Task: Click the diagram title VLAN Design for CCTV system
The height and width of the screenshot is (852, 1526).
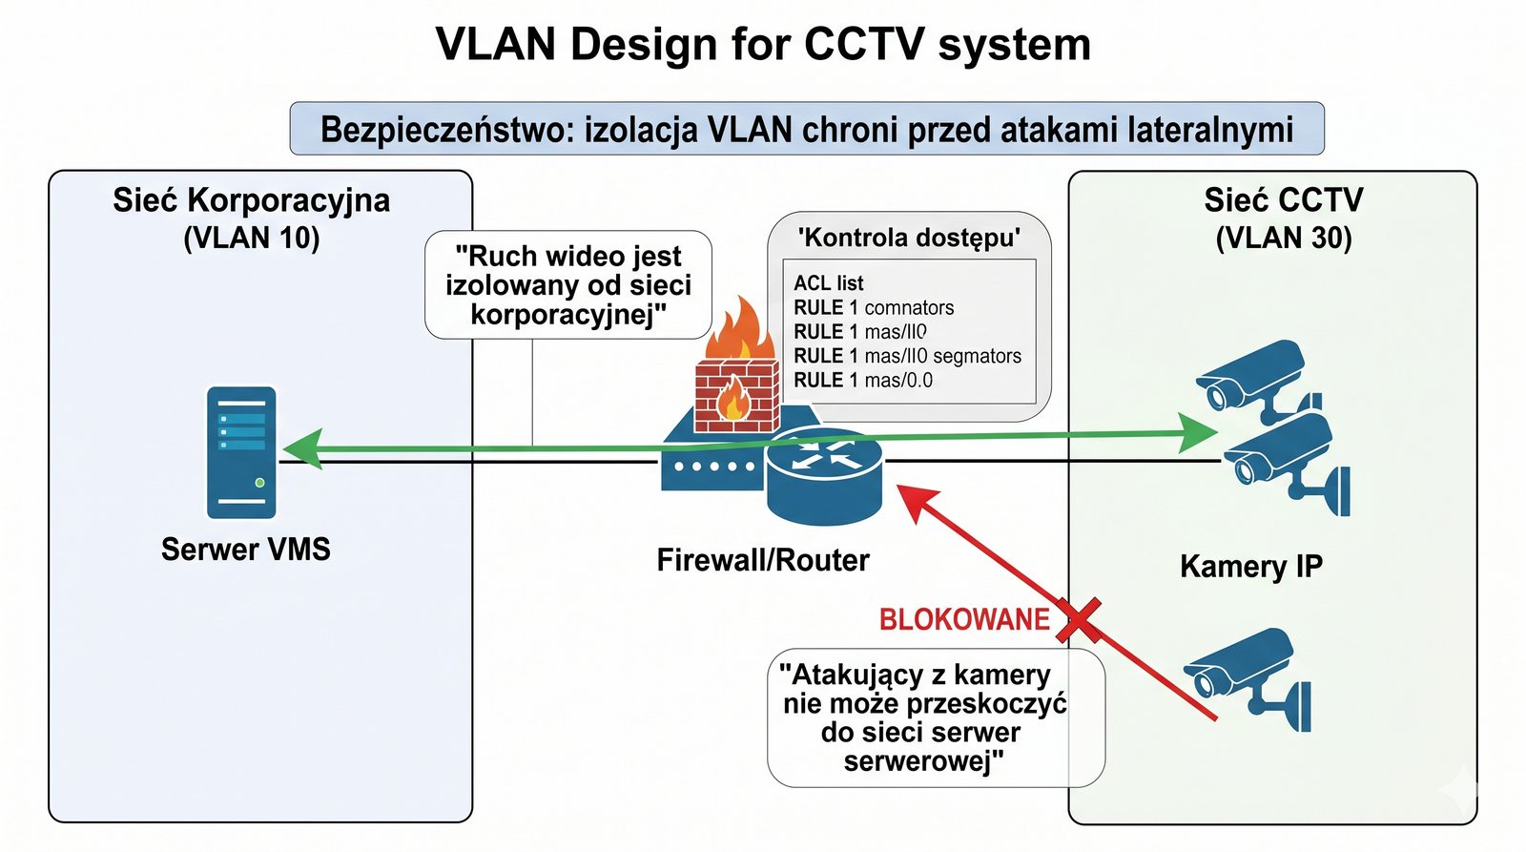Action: pos(763,44)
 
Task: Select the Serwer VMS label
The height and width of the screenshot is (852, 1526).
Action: pos(245,550)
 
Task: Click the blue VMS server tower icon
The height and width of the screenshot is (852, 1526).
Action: pos(241,452)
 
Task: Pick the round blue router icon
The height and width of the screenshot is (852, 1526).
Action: pos(824,473)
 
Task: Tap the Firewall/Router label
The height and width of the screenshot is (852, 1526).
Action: pos(763,560)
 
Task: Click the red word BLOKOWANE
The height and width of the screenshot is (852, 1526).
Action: pos(963,620)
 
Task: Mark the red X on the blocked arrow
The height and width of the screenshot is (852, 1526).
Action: pos(1079,620)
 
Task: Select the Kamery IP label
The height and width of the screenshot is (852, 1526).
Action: pos(1250,567)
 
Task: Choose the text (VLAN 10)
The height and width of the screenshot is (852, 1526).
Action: pos(251,238)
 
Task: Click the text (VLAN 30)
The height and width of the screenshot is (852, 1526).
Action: pos(1283,238)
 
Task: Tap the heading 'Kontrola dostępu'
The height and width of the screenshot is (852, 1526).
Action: pos(908,238)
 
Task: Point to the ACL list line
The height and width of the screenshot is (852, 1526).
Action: pos(828,283)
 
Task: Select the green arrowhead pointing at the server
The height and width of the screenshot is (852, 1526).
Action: pos(302,448)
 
